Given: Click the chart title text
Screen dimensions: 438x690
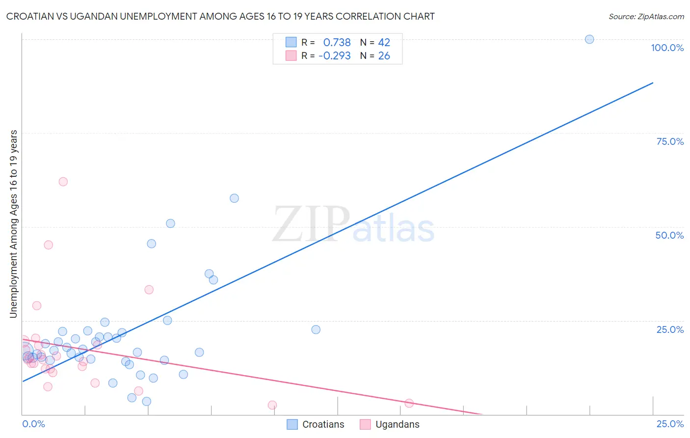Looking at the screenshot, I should coord(220,17).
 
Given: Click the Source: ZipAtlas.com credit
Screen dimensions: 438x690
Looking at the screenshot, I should coord(646,17).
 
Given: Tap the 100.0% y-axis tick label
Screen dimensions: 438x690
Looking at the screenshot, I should coord(667,48).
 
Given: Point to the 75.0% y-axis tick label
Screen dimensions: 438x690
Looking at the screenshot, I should coord(670,141).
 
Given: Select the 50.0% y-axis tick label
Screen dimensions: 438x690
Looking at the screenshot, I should coord(669,235).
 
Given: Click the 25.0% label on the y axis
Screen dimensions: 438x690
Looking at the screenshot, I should coord(670,329).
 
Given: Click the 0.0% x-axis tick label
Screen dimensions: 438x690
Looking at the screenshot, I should coord(33,424).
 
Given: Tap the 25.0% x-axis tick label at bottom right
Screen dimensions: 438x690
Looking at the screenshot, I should coord(670,424).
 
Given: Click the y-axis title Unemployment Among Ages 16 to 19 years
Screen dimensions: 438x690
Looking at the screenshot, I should coord(14,224).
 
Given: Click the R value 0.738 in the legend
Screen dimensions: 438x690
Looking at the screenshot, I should coord(337,43).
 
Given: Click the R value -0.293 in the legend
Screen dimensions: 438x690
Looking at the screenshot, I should coord(334,56).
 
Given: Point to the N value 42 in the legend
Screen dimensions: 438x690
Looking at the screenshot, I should coord(384,43).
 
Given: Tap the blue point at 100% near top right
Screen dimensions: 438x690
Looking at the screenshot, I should coord(589,39).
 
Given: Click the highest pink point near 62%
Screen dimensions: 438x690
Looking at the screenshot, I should coord(63,182).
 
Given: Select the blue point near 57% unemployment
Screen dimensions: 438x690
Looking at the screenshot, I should coord(234,198).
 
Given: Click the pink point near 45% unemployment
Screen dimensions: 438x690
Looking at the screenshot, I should coord(48,245).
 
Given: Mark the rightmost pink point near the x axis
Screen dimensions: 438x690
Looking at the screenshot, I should coord(409,403).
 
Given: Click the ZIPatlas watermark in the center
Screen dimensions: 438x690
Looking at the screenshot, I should coord(353,224).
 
